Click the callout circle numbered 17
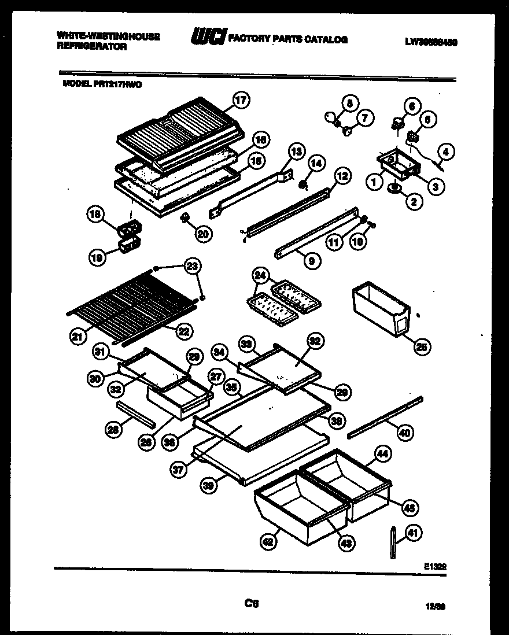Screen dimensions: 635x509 (x=241, y=101)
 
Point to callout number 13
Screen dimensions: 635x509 (x=296, y=152)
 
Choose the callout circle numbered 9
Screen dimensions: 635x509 (x=312, y=261)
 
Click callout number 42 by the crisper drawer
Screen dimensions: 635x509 (x=267, y=541)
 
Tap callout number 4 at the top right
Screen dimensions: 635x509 (x=445, y=153)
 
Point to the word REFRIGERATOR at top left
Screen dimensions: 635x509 (x=92, y=47)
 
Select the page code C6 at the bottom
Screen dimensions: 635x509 (x=251, y=604)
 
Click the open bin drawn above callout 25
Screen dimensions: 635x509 (x=379, y=307)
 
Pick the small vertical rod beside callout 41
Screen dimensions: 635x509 (x=393, y=542)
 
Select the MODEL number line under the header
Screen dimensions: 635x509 (x=101, y=83)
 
